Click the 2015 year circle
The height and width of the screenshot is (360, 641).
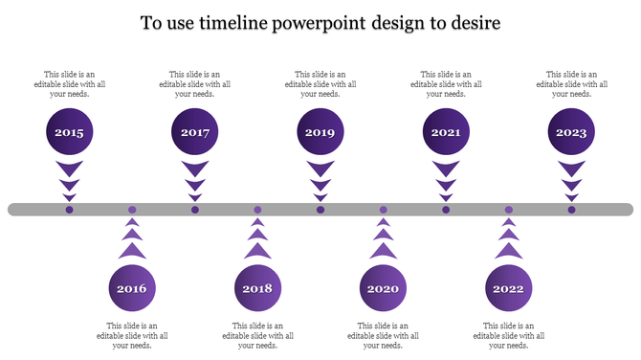[69, 133]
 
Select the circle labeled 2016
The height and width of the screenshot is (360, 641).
[132, 288]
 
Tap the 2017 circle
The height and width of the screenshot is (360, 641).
[194, 133]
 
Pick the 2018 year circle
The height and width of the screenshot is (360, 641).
[257, 288]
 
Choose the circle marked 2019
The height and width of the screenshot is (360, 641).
[320, 133]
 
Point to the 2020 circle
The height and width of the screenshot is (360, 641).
[383, 288]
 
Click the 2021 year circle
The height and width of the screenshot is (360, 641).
[446, 133]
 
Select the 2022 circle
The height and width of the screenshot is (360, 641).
[508, 288]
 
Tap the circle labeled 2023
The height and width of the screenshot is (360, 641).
[571, 133]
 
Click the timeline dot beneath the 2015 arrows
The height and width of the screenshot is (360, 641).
[69, 210]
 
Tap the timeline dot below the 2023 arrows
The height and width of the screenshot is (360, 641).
[571, 210]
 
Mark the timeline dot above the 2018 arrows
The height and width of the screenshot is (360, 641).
[257, 210]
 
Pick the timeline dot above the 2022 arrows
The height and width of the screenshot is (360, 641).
[508, 210]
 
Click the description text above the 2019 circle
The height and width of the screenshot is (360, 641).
[320, 84]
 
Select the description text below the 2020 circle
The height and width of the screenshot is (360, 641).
[383, 335]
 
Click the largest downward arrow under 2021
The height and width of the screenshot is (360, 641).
[446, 169]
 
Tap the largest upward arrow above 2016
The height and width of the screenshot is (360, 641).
[132, 250]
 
